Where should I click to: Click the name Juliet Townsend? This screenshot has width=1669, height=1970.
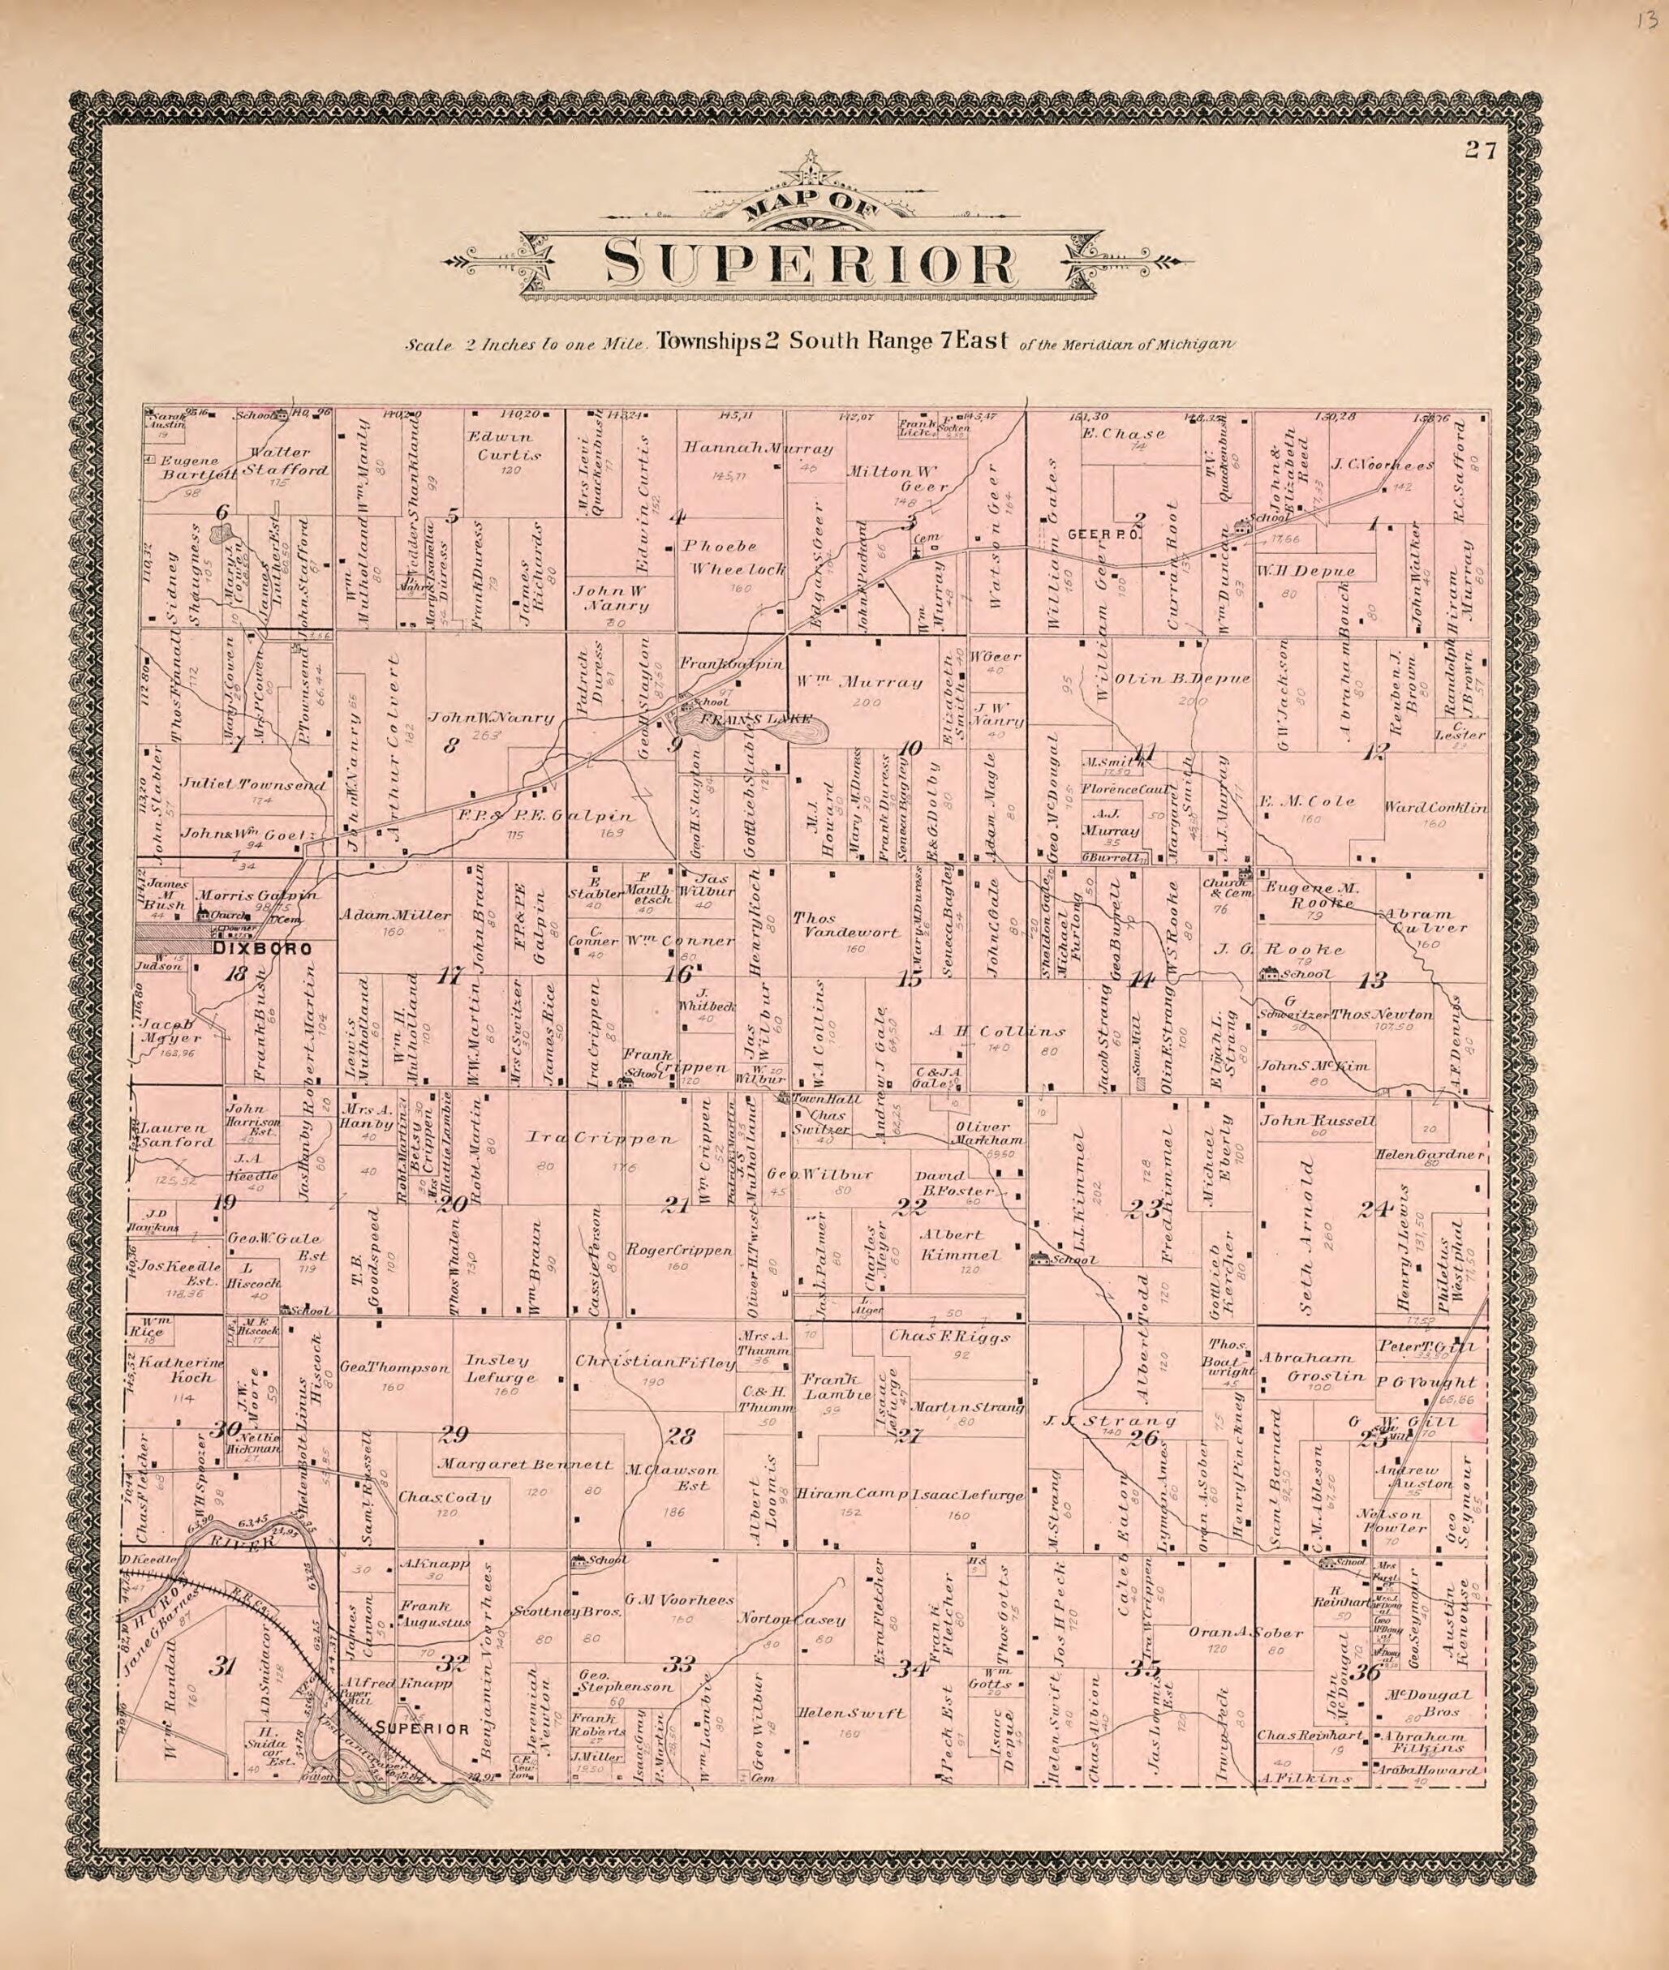(256, 785)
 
